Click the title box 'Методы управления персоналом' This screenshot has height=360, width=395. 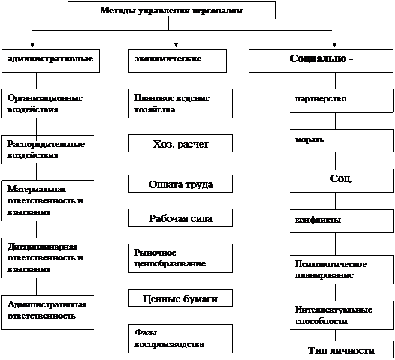(x=171, y=10)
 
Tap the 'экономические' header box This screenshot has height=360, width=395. (x=177, y=60)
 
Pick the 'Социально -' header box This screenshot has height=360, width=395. (x=321, y=60)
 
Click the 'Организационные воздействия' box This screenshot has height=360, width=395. (x=48, y=104)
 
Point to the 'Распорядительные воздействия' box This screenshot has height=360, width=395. (x=48, y=150)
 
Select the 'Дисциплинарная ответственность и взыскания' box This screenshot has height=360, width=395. (x=48, y=257)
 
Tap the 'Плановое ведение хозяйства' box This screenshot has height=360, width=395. (x=180, y=104)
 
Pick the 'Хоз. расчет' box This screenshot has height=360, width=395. (x=180, y=145)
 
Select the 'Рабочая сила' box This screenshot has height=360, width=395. (x=180, y=219)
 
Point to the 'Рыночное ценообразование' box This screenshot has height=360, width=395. (x=180, y=258)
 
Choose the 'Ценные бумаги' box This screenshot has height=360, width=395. (x=180, y=298)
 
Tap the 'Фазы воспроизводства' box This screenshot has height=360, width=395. (x=180, y=339)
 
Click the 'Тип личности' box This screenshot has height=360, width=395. (x=341, y=350)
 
